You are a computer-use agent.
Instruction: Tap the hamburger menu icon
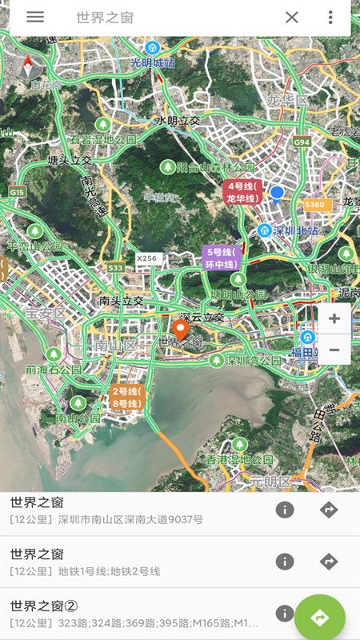click(35, 17)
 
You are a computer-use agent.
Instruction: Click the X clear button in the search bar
click(292, 18)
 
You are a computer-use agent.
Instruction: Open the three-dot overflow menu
click(330, 18)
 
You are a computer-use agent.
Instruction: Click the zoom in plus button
click(334, 318)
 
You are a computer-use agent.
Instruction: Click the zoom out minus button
click(334, 350)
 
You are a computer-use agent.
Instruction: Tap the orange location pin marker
click(181, 329)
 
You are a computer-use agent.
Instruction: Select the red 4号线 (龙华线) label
click(242, 192)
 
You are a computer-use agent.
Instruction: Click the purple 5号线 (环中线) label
click(222, 257)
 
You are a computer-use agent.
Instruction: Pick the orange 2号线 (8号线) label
click(126, 398)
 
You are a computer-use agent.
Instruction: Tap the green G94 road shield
click(301, 142)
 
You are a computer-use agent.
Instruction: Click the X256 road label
click(147, 258)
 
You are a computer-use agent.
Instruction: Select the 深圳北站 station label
click(295, 230)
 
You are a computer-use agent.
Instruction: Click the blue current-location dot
click(277, 193)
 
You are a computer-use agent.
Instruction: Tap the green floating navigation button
click(320, 617)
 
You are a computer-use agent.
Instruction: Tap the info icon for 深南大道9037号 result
click(285, 510)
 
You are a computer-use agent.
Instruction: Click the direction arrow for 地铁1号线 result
click(329, 562)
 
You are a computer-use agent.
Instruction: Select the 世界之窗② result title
click(44, 606)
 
